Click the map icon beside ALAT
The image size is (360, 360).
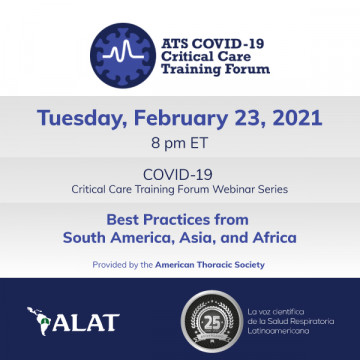click(41, 322)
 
